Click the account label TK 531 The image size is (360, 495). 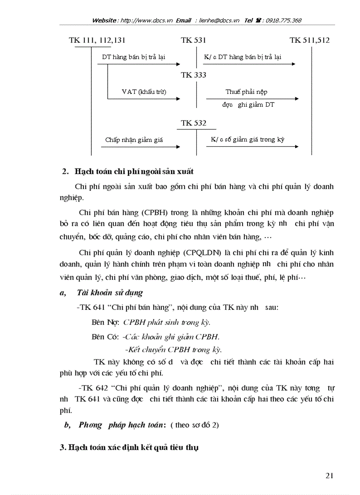(x=193, y=41)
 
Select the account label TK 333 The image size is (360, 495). (x=193, y=75)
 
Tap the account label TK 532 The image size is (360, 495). (x=193, y=123)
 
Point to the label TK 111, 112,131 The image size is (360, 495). (x=97, y=41)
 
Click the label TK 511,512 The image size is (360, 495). (x=309, y=41)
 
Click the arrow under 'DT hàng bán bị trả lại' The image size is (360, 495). (x=139, y=64)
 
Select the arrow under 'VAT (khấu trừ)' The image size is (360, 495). (x=143, y=99)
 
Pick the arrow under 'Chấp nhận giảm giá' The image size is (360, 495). (x=140, y=147)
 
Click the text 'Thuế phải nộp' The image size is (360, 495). (x=246, y=92)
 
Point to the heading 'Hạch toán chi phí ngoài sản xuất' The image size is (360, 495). (x=134, y=171)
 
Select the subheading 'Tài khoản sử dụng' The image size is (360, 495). (x=109, y=293)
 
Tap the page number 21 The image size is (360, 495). (x=329, y=475)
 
